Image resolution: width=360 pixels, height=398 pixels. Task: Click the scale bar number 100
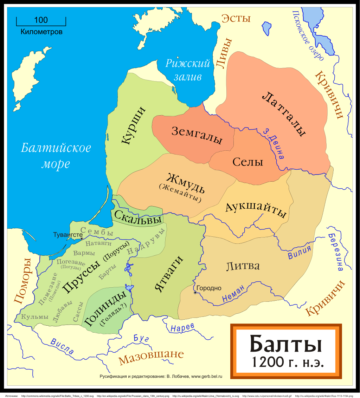[x=41, y=20]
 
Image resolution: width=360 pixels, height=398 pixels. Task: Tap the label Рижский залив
[x=188, y=70]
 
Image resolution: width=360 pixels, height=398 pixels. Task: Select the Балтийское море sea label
[x=56, y=156]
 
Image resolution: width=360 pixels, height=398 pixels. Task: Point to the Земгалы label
[x=197, y=135]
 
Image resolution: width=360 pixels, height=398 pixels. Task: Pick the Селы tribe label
[x=247, y=162]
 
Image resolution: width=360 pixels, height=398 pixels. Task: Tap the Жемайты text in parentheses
[x=180, y=193]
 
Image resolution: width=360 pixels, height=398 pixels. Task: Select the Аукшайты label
[x=256, y=210]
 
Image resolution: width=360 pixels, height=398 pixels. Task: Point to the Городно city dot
[x=194, y=292]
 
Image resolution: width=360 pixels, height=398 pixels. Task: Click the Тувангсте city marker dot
[x=82, y=239]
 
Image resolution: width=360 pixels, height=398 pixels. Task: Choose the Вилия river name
[x=300, y=252]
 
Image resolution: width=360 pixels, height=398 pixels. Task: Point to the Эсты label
[x=236, y=18]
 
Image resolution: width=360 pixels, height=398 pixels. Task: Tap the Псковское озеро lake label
[x=308, y=35]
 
